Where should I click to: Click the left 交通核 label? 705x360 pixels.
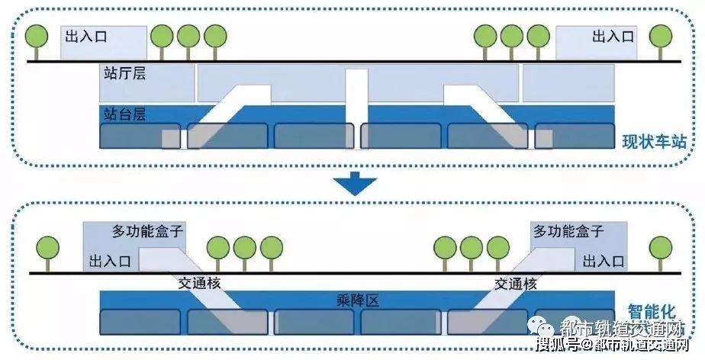(198, 283)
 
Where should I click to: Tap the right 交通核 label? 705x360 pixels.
(516, 283)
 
